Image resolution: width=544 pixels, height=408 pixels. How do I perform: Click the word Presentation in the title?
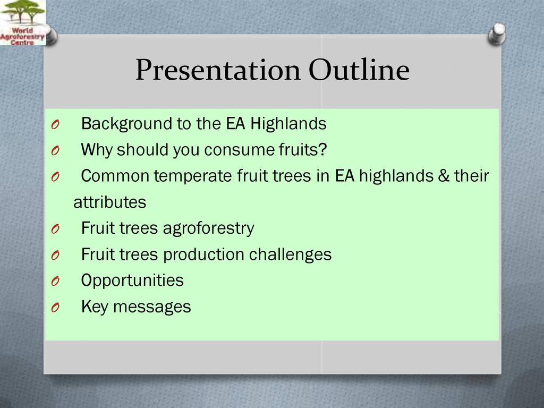tap(218, 70)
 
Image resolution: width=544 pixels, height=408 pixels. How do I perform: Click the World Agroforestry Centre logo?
tap(22, 22)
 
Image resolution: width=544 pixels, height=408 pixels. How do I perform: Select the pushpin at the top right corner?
tap(497, 34)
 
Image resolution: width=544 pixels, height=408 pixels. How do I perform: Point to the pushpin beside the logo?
tap(50, 36)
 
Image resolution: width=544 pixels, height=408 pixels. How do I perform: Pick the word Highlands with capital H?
tap(288, 124)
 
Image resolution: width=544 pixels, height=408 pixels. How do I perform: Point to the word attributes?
tap(109, 202)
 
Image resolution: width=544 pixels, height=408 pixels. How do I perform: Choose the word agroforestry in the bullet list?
tap(208, 228)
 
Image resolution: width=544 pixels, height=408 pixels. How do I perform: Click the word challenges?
tap(291, 254)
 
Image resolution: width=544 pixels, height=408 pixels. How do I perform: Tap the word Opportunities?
tap(132, 280)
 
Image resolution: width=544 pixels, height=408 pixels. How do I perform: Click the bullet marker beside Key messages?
tap(55, 308)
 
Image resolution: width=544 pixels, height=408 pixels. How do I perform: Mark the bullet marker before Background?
tap(55, 124)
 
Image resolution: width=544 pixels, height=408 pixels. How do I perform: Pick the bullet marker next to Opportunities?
tap(55, 281)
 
